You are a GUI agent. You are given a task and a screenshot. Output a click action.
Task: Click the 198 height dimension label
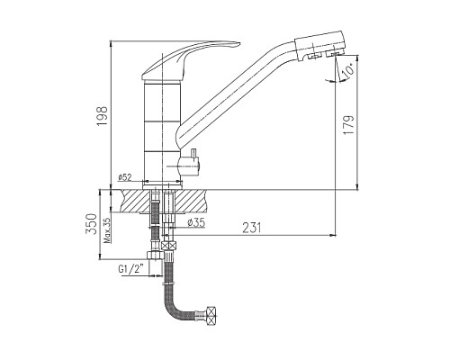click(x=103, y=116)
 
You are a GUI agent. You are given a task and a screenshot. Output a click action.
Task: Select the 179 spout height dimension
click(x=349, y=124)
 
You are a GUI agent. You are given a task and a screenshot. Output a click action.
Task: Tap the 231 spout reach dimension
click(x=252, y=228)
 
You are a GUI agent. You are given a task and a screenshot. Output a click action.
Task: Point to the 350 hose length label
click(x=92, y=223)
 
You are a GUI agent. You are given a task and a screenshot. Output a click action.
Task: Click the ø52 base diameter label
click(x=125, y=177)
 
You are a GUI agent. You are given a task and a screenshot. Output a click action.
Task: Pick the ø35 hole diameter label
click(x=195, y=222)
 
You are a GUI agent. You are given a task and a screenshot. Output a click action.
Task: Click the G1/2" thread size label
click(x=130, y=268)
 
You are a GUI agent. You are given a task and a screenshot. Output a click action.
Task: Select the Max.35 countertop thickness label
click(x=107, y=230)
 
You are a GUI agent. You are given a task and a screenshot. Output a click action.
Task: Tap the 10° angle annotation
click(x=347, y=71)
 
